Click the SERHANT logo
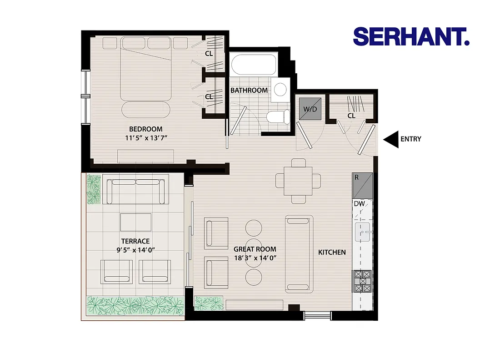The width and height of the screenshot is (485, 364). [x=411, y=36]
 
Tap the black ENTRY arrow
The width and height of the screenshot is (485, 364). [x=390, y=139]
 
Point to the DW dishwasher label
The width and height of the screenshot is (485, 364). [x=359, y=204]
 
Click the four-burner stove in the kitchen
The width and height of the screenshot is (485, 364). [x=363, y=281]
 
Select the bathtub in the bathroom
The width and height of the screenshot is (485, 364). [x=253, y=66]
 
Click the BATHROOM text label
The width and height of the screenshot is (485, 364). [x=249, y=90]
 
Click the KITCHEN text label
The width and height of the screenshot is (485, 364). [x=332, y=252]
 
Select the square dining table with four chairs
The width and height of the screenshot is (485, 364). [x=298, y=181]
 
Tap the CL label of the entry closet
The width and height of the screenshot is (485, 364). [x=351, y=116]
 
